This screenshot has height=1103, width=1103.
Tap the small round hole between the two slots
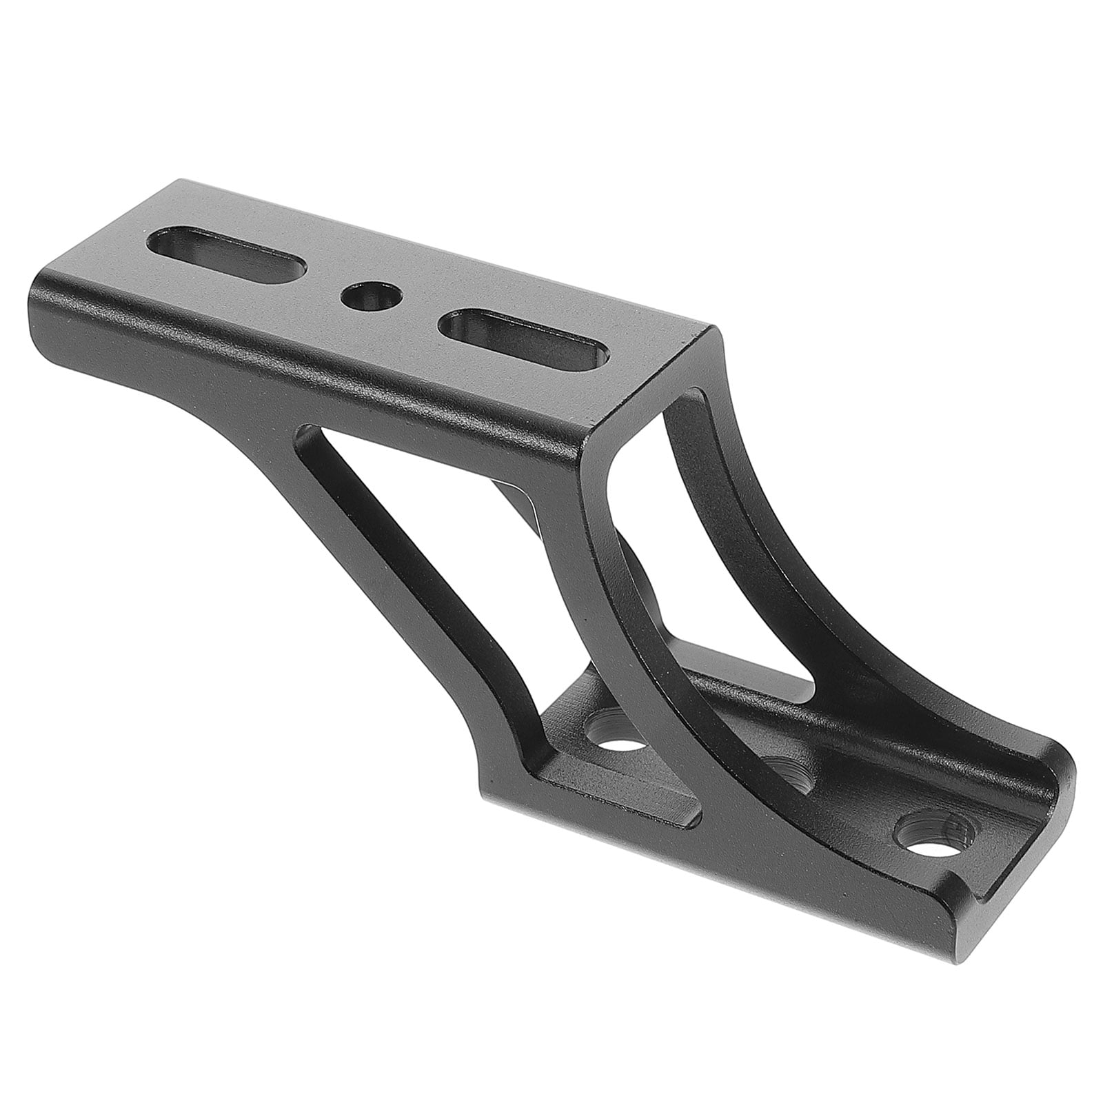[x=372, y=297]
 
